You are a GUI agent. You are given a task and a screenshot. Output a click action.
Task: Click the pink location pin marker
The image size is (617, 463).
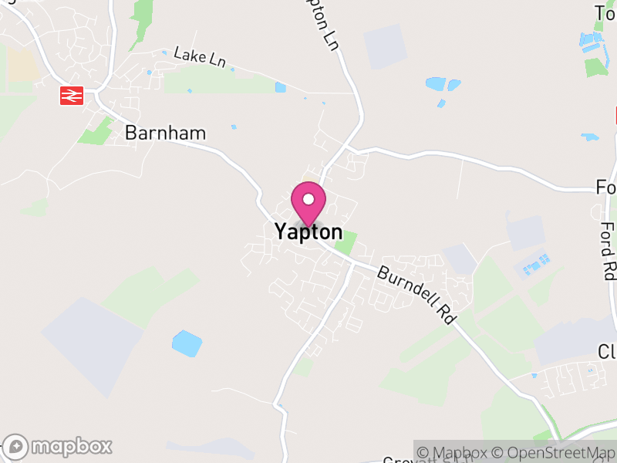[x=308, y=205]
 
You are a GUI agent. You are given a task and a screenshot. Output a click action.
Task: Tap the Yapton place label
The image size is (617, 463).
[x=308, y=231]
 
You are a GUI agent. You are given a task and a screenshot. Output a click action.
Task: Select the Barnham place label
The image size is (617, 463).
[x=165, y=133]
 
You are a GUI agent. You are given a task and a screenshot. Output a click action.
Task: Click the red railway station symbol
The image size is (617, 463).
[x=72, y=95]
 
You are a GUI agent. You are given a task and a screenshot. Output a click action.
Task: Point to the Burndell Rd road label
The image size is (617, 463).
[x=414, y=294]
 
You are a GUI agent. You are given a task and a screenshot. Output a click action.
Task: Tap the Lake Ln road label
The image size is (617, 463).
[x=200, y=56]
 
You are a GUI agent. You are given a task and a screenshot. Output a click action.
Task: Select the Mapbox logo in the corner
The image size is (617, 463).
[x=59, y=446]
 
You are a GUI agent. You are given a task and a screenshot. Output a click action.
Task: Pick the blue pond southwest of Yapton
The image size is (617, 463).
[x=187, y=343]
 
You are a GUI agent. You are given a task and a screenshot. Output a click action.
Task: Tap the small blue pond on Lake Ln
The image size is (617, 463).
[x=281, y=87]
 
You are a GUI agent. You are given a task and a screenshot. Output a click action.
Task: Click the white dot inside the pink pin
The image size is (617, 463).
[x=308, y=199]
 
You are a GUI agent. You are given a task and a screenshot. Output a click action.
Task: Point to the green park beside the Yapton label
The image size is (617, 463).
[x=346, y=242]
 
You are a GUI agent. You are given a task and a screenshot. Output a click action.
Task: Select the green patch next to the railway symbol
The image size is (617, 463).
[x=96, y=132]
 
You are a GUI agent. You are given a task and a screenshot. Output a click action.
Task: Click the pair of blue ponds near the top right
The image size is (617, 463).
[x=443, y=83]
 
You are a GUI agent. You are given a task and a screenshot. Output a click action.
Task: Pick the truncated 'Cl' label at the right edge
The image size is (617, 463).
[x=608, y=352]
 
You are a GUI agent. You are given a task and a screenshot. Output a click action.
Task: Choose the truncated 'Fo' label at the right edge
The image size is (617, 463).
[x=606, y=188]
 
